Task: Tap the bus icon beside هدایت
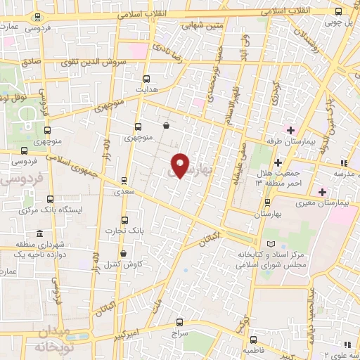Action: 147,79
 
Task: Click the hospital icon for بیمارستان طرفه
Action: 290,129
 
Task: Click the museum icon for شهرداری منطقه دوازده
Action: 39,233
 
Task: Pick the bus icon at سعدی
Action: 124,180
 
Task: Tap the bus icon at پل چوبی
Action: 339,11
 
